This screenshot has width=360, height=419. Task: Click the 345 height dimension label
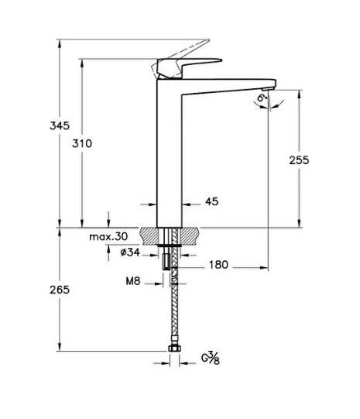coord(60,125)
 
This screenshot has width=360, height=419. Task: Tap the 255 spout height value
coord(299,160)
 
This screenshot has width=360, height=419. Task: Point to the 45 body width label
coord(211,201)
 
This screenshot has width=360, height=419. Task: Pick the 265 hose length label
coord(60,290)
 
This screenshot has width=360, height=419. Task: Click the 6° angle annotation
coord(263,98)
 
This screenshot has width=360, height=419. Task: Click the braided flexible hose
coord(174,318)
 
